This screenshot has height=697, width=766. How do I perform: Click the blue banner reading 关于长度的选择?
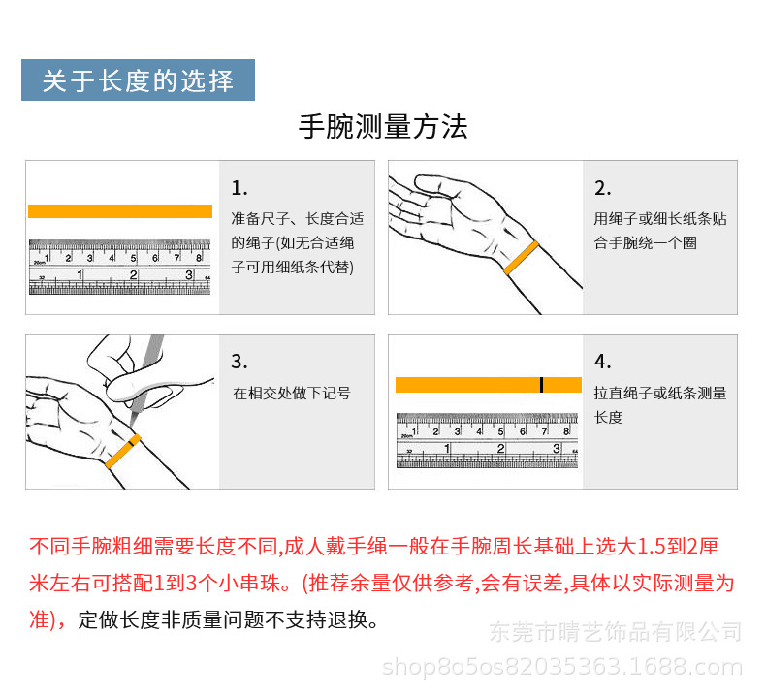(138, 80)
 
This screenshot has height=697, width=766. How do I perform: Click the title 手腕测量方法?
(383, 128)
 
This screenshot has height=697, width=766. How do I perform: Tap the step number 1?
(239, 188)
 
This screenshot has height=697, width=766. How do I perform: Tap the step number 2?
(602, 188)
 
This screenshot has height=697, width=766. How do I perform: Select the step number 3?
(239, 362)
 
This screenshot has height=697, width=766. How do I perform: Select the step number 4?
(602, 362)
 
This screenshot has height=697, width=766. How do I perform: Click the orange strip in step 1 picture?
(120, 211)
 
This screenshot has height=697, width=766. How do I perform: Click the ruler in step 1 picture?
(120, 267)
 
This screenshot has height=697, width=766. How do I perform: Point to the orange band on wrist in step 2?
(521, 258)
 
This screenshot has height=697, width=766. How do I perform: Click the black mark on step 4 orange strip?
(542, 385)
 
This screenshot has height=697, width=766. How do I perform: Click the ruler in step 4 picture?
(487, 440)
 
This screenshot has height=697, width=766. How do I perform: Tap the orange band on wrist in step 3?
(122, 453)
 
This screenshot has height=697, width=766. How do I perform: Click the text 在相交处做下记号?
(291, 394)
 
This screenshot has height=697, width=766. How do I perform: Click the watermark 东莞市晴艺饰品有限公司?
(613, 632)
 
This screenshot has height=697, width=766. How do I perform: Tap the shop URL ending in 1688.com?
(562, 667)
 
